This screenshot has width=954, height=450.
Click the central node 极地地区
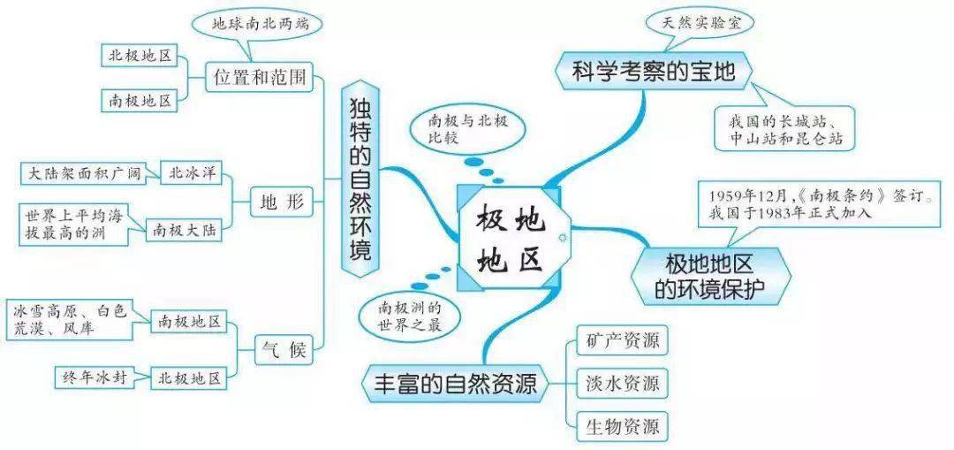(x=510, y=238)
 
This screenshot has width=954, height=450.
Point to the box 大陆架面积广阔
(x=84, y=173)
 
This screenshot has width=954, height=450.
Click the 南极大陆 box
(x=184, y=231)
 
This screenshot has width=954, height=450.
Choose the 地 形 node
(x=282, y=201)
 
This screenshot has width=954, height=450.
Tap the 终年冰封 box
(x=94, y=377)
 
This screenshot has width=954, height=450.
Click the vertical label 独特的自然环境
(x=360, y=180)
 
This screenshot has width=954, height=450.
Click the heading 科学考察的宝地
(x=654, y=73)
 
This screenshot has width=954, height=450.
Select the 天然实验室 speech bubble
(x=700, y=23)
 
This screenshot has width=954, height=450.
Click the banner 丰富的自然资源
(x=455, y=384)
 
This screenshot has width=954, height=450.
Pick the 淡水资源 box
(x=617, y=384)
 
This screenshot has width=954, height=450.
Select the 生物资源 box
(x=617, y=425)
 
